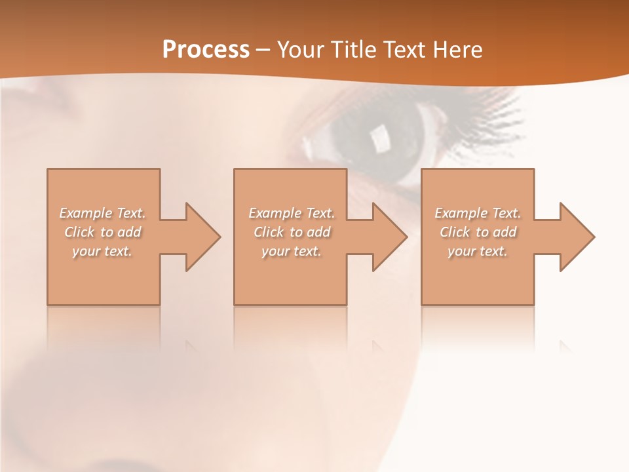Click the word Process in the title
206,50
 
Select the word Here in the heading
458,50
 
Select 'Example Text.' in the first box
102,213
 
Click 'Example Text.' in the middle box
292,213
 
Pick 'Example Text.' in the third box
478,213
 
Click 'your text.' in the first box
102,251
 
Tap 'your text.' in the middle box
292,251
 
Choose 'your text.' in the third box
478,251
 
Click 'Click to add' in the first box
102,232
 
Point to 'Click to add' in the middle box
292,232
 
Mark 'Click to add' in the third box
478,232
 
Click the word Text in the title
403,50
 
